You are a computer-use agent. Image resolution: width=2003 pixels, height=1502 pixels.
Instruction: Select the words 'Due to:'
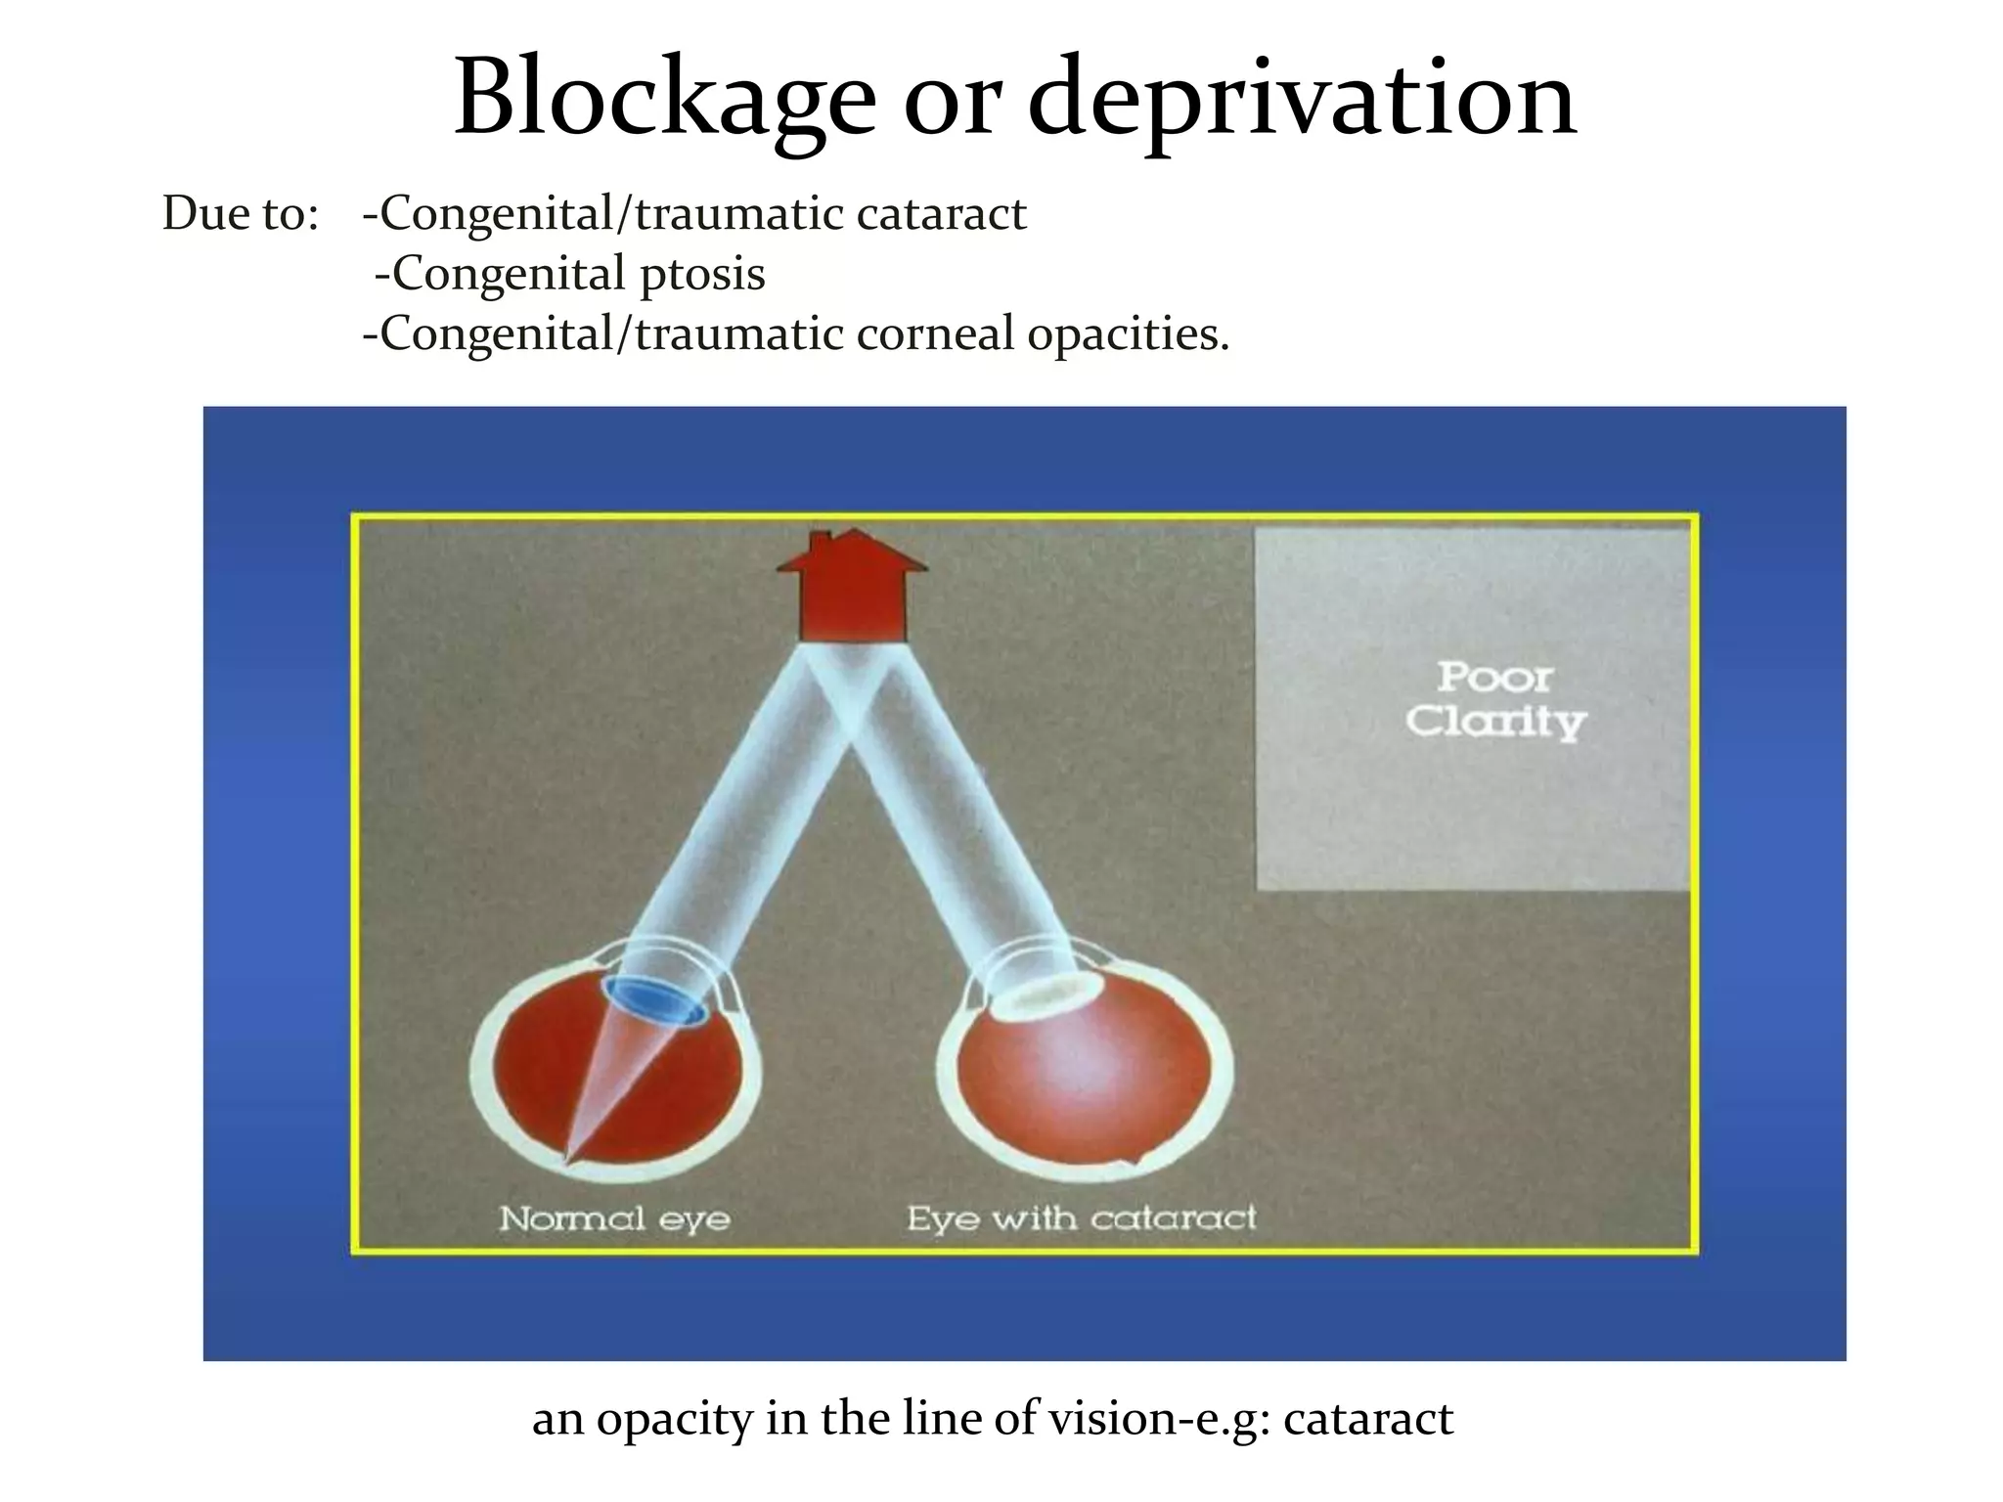pyautogui.click(x=241, y=214)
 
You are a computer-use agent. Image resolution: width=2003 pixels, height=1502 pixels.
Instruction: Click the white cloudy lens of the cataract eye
pyautogui.click(x=1039, y=997)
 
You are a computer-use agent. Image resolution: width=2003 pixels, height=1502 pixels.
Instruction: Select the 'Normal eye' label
pyautogui.click(x=614, y=1218)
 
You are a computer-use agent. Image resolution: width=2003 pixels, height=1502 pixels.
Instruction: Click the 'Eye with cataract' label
pyautogui.click(x=1081, y=1218)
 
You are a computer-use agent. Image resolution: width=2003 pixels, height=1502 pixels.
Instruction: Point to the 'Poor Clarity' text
pyautogui.click(x=1495, y=700)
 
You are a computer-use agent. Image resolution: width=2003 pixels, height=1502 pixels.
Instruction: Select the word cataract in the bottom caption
pyautogui.click(x=1368, y=1419)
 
